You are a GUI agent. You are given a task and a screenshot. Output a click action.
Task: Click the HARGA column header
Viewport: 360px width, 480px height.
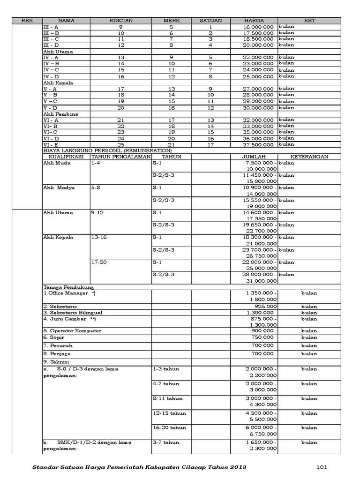point(254,21)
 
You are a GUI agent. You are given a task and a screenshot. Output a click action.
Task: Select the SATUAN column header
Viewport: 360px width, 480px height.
point(210,21)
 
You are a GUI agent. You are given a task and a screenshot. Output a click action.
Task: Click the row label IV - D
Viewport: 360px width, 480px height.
point(51,76)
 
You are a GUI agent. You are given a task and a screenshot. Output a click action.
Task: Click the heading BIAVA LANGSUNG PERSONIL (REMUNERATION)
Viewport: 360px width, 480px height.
point(107,150)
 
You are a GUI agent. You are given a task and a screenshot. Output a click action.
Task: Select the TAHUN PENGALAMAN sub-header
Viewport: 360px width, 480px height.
point(121,157)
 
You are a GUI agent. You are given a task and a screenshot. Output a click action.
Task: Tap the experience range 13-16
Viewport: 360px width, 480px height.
point(99,238)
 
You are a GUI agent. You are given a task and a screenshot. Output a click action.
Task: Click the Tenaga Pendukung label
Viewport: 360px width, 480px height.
point(68,287)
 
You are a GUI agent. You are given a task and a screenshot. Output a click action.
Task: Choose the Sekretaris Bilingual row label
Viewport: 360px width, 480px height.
point(73,313)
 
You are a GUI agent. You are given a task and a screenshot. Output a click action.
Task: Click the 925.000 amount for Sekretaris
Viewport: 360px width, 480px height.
point(266,307)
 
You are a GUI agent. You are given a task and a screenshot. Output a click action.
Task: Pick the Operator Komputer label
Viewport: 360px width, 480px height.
point(72,331)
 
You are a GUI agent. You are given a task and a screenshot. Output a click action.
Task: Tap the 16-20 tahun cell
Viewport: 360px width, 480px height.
point(169,428)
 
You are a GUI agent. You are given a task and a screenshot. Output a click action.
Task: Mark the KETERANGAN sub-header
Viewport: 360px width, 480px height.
point(309,157)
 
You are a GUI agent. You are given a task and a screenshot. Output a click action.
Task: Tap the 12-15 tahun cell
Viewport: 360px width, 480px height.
point(169,413)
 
